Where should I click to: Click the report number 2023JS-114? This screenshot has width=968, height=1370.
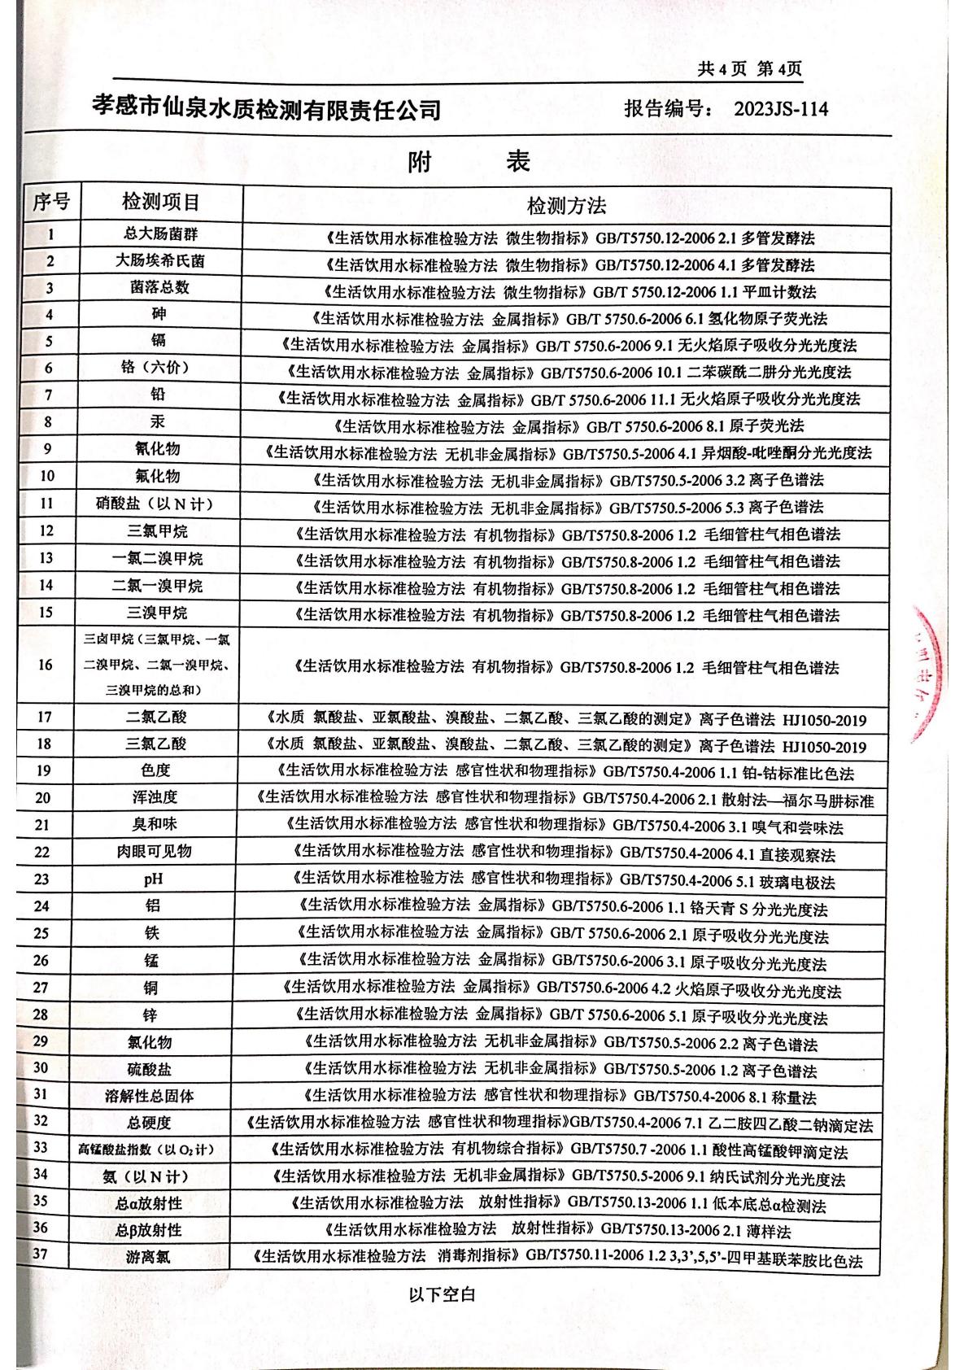click(x=780, y=108)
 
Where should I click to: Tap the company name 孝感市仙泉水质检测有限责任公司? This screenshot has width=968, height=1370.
click(x=267, y=108)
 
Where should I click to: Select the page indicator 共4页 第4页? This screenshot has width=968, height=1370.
click(x=749, y=69)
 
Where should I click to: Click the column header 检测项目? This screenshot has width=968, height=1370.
click(x=160, y=203)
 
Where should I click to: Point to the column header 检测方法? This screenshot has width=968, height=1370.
click(x=566, y=205)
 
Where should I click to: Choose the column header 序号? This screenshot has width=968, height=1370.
click(x=50, y=203)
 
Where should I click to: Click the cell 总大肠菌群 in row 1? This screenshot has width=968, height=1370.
click(x=160, y=234)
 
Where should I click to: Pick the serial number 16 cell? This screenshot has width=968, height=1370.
click(x=46, y=665)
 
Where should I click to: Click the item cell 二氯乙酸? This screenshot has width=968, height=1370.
click(x=156, y=717)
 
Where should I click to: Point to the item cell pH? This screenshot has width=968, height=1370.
click(x=153, y=879)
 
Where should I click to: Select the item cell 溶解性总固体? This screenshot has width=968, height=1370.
click(x=150, y=1096)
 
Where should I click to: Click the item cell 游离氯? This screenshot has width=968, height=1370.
click(x=148, y=1258)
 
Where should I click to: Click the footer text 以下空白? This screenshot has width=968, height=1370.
click(x=442, y=1294)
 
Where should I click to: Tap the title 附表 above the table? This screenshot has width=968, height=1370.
click(x=469, y=162)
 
